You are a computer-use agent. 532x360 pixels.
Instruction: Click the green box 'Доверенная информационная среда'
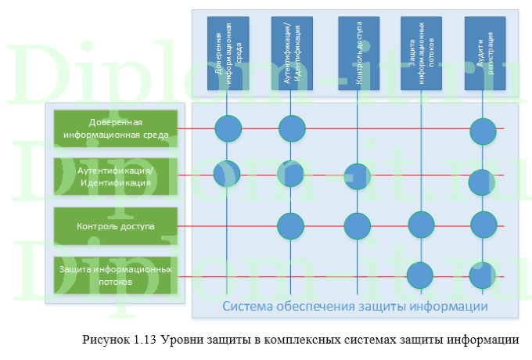tap(115, 128)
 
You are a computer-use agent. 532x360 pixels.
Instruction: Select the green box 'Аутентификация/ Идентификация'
tap(115, 177)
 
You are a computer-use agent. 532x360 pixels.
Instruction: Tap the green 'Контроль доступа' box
tap(115, 226)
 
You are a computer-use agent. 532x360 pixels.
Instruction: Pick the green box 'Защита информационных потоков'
tap(115, 275)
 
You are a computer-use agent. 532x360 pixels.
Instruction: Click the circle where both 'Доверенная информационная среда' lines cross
tap(228, 128)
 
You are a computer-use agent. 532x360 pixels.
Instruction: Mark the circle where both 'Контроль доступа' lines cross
tap(358, 226)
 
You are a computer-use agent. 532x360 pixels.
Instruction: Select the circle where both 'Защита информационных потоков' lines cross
tap(421, 275)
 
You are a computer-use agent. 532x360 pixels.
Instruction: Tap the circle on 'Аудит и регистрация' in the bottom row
tap(483, 275)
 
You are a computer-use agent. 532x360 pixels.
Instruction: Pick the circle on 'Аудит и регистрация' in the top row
tap(483, 131)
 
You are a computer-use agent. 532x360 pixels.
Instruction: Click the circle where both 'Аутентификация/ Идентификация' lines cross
tap(292, 174)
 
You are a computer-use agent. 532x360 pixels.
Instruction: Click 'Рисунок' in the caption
tap(105, 340)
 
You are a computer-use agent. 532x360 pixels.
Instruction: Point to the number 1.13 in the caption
tap(146, 340)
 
